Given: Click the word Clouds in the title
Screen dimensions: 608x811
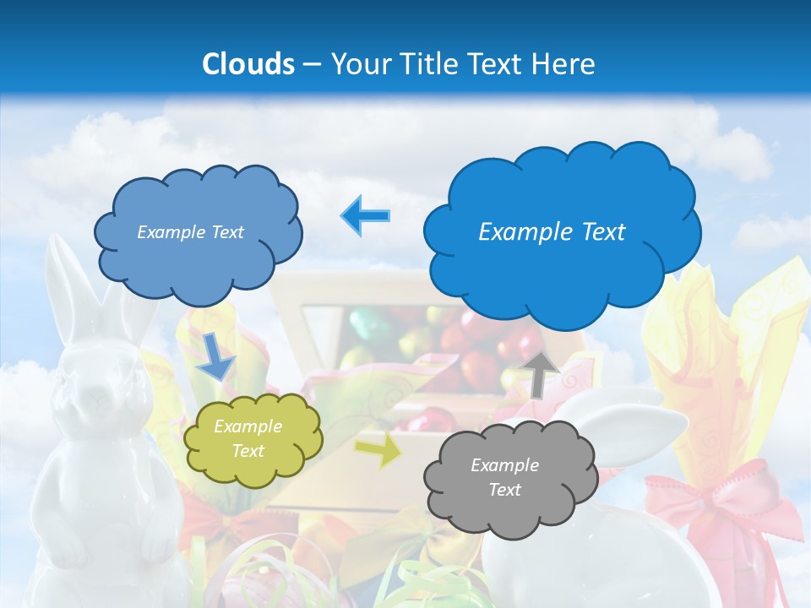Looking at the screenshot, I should pyautogui.click(x=248, y=64).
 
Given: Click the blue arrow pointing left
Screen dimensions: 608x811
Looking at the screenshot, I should pyautogui.click(x=366, y=215).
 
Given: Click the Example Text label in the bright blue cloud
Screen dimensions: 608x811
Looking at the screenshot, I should pyautogui.click(x=552, y=232).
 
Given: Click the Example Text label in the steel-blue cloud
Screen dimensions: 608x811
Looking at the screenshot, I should pyautogui.click(x=190, y=232).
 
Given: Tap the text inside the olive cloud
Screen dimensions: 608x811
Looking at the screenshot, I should pyautogui.click(x=248, y=439).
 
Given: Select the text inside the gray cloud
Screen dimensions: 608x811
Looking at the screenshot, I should pyautogui.click(x=504, y=477).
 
